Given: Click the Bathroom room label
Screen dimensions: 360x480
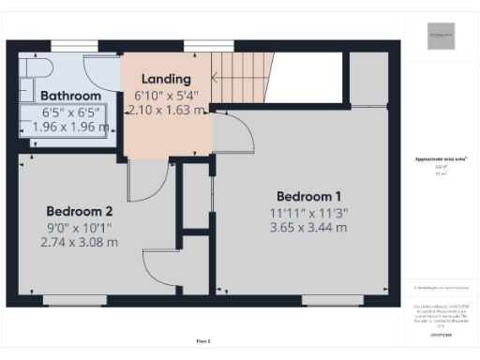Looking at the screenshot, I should tap(70, 96).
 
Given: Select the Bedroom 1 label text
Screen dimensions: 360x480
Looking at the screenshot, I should tap(308, 196).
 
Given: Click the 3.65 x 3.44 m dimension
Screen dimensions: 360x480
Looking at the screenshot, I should tap(308, 227).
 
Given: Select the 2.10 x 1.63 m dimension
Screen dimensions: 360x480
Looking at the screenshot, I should tap(166, 110).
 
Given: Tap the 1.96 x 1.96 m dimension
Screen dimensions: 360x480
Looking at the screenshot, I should tap(70, 127).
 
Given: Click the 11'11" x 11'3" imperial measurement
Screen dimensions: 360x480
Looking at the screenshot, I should tap(308, 212).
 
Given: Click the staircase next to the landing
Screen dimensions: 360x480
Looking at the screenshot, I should tap(238, 70).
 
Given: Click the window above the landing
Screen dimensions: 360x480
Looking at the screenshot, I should tap(208, 44).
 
